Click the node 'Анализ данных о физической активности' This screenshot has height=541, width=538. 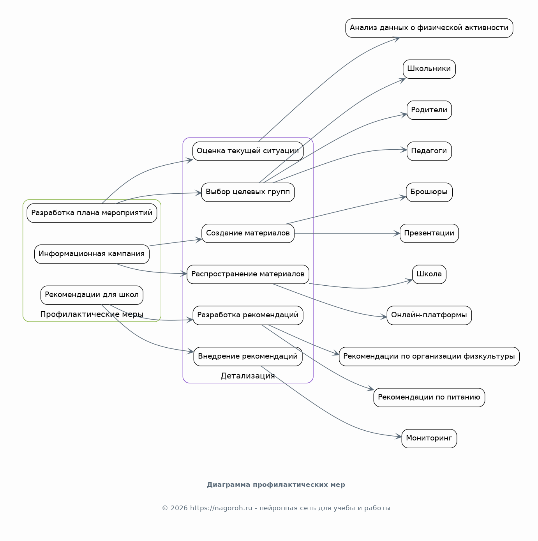429,28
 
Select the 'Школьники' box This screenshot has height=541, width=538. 429,69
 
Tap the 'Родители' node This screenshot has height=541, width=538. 429,110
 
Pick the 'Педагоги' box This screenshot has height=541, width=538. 429,151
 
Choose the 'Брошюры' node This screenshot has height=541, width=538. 429,192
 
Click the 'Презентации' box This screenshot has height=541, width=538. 429,233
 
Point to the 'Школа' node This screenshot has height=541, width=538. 429,274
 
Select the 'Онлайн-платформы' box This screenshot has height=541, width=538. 429,315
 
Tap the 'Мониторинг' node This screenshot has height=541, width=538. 429,438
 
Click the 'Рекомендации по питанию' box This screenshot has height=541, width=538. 429,398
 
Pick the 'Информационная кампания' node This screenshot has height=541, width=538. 92,254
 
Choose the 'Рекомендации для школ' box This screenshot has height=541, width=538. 92,295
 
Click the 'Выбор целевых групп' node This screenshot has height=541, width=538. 248,192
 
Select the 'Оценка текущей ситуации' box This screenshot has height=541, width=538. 248,151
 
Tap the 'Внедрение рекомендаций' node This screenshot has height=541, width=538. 248,356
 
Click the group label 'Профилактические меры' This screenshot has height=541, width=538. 92,314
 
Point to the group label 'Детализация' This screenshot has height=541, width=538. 248,376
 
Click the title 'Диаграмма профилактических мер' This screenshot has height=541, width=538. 276,485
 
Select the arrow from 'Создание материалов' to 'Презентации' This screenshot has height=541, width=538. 347,233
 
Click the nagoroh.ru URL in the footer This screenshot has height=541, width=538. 221,508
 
